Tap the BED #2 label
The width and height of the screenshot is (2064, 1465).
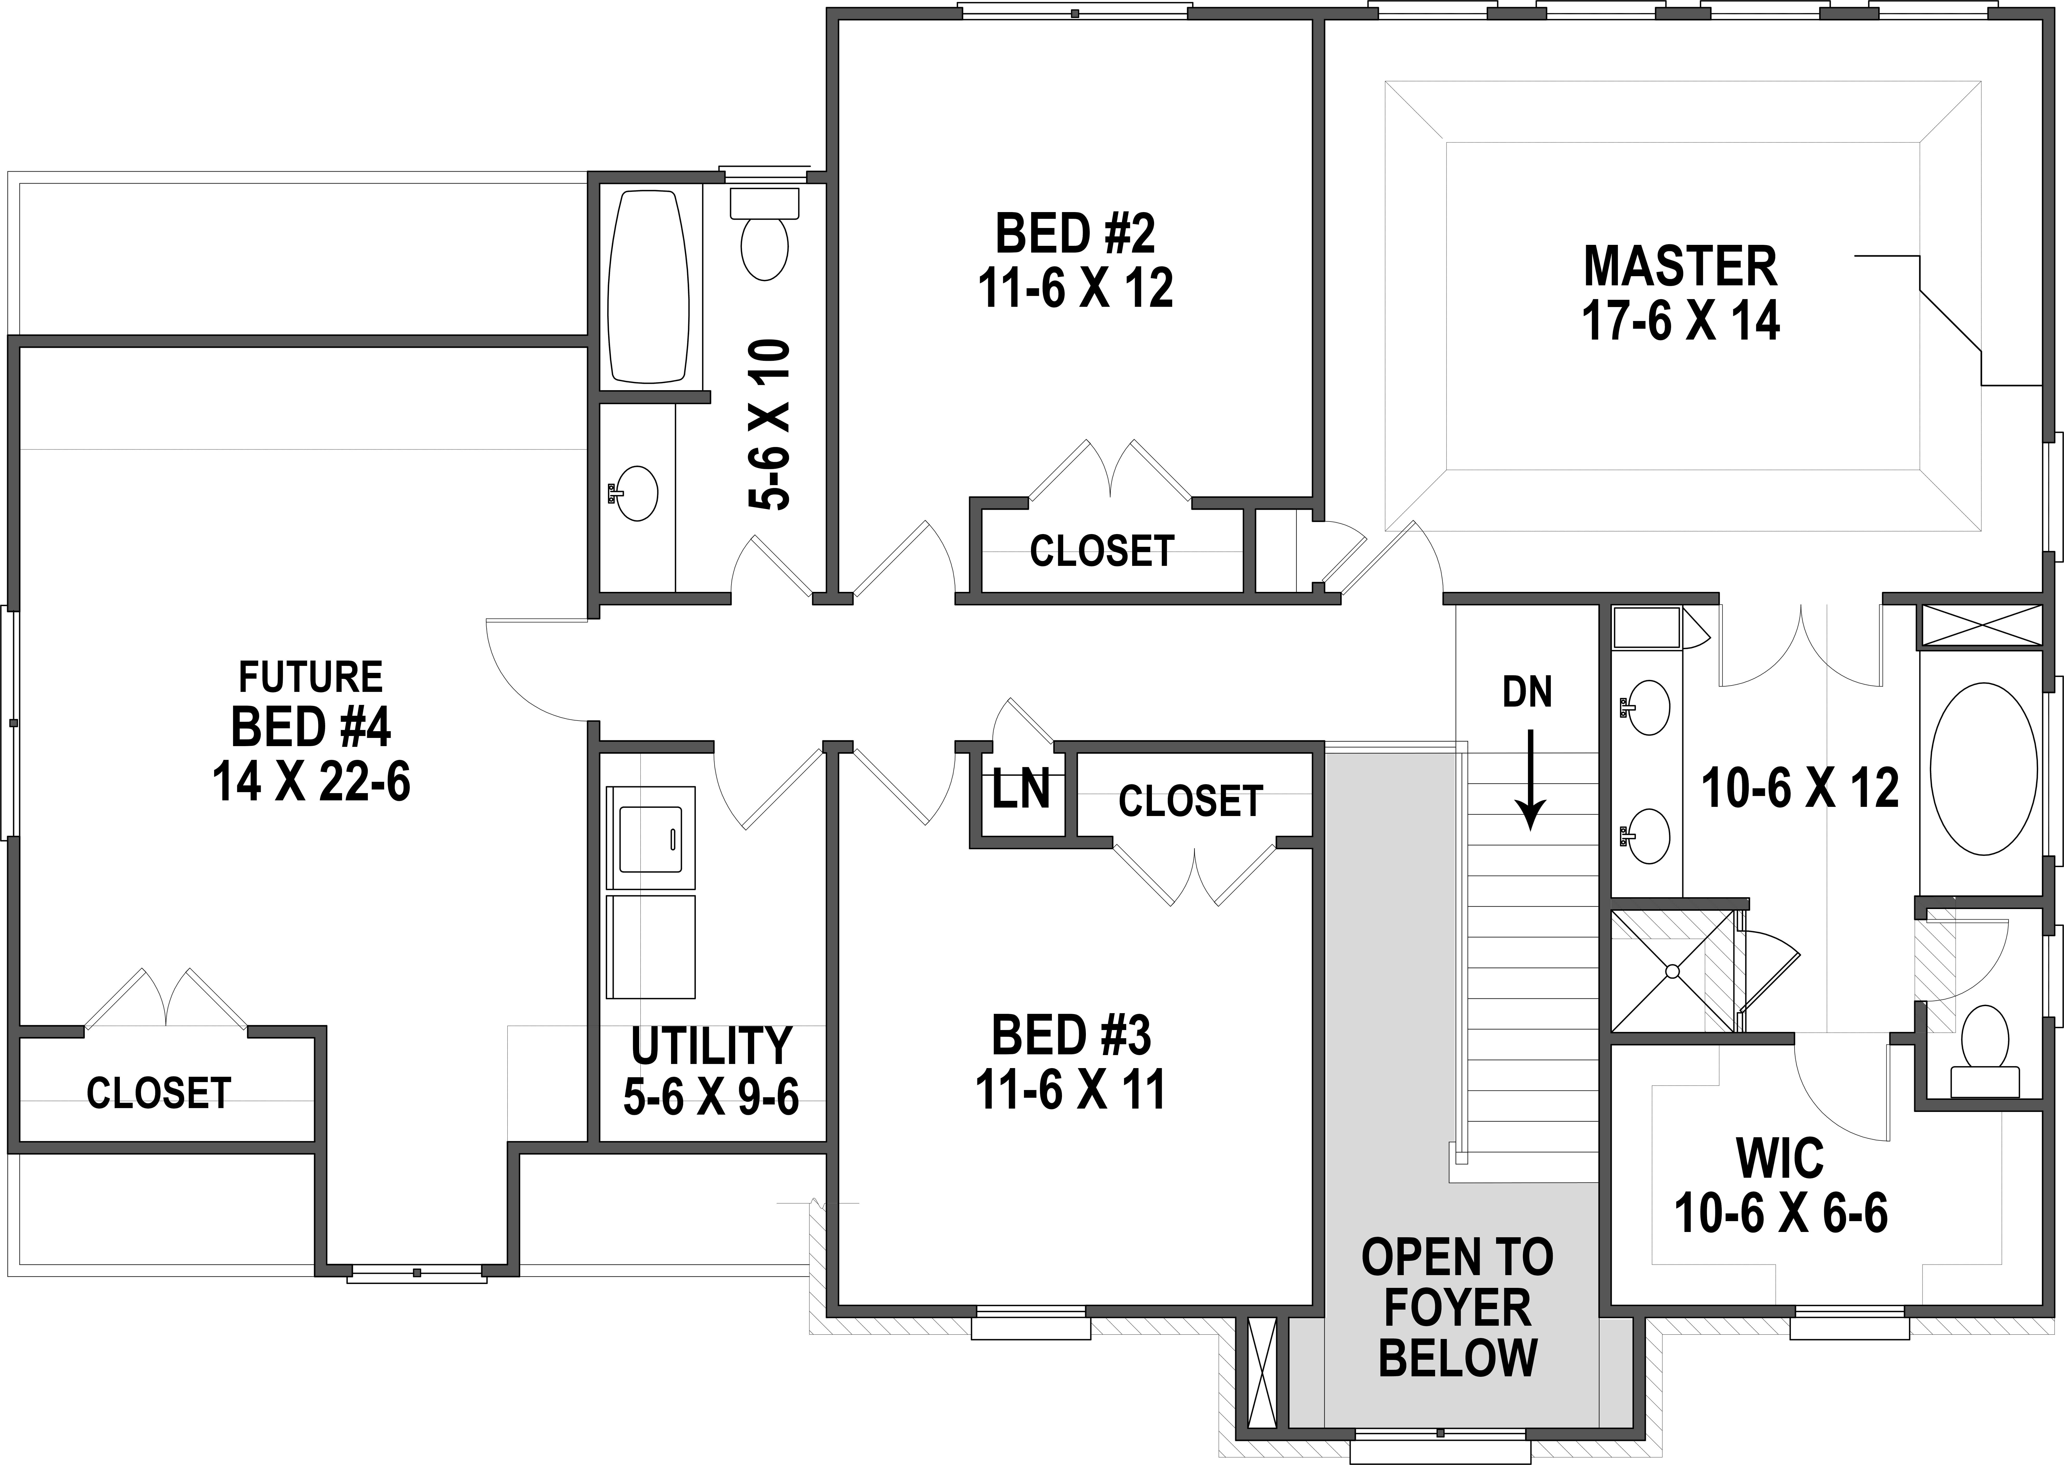click(1075, 234)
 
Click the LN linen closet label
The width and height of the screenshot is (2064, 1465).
click(1021, 790)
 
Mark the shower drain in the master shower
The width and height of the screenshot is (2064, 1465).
click(1672, 971)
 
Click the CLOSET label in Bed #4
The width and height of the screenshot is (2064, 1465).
click(159, 1093)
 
